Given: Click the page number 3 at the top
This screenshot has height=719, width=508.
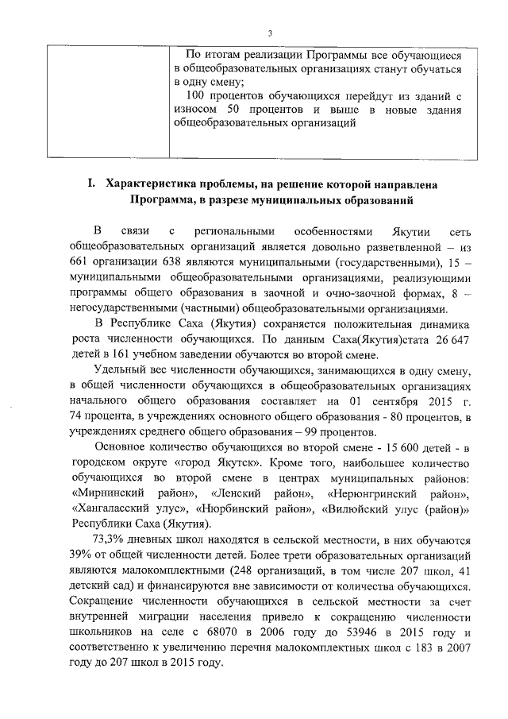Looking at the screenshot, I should coord(270,33).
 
